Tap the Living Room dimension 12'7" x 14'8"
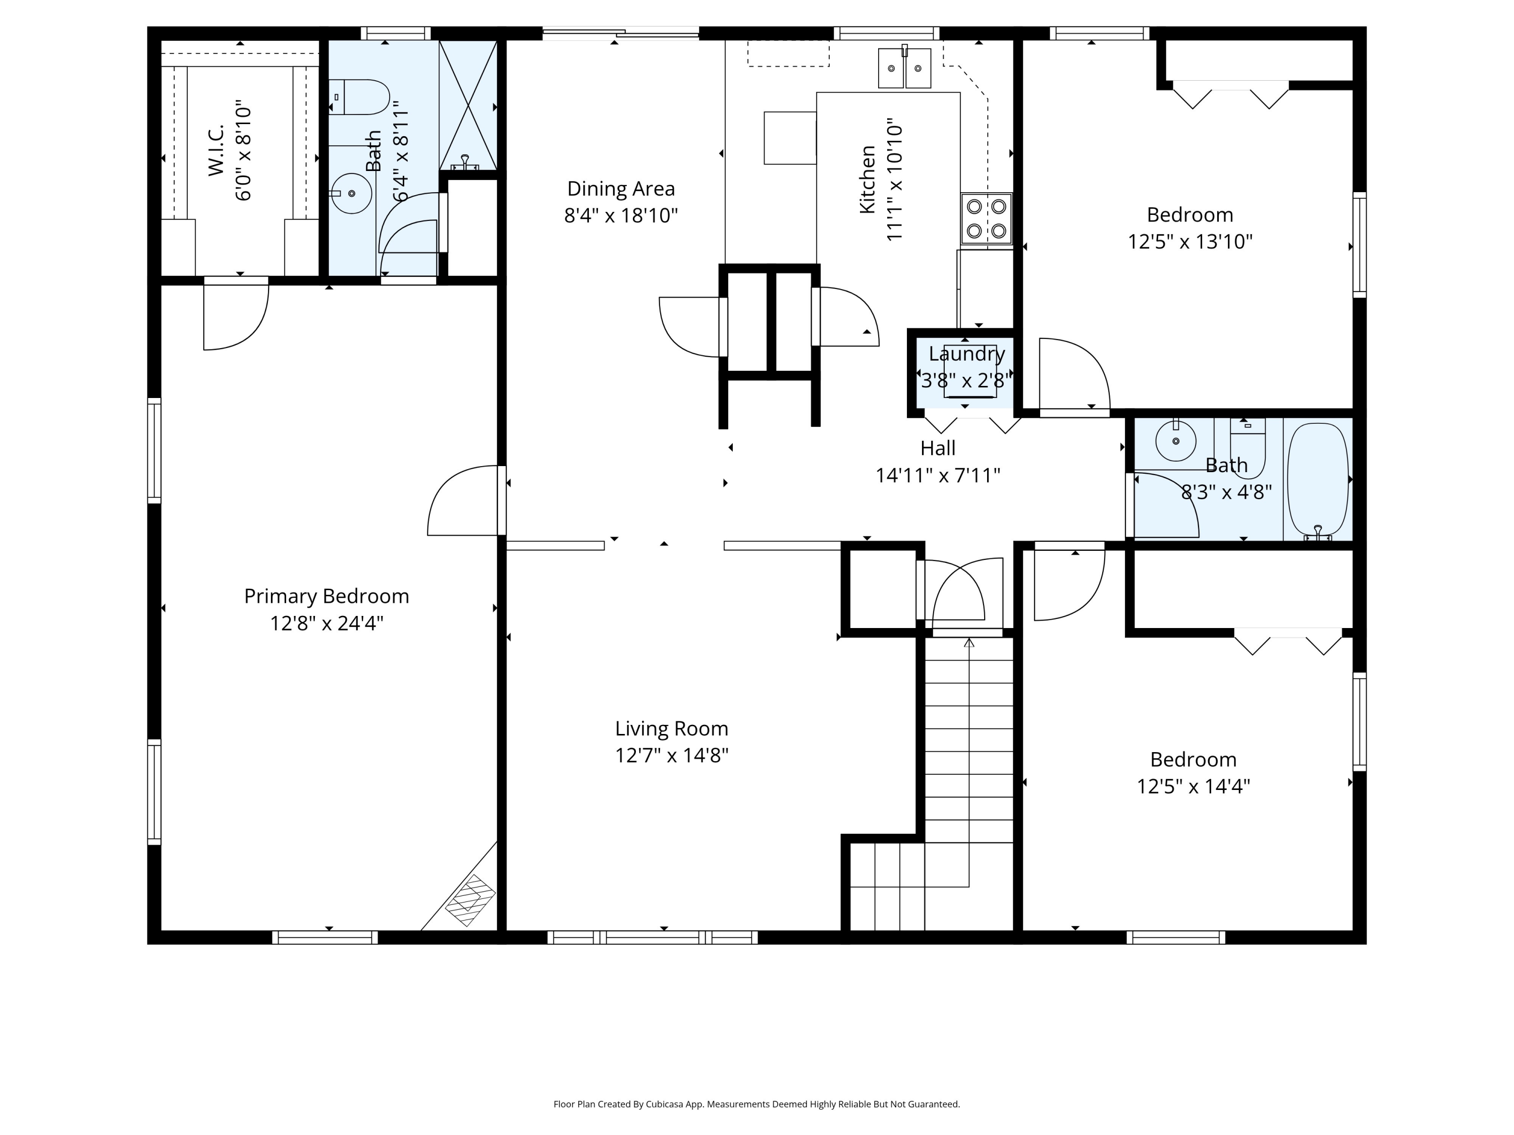coord(671,755)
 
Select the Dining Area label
coord(621,188)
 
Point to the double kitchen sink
coord(905,67)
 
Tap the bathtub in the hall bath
coord(1318,479)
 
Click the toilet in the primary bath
coord(359,97)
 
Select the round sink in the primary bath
coord(351,194)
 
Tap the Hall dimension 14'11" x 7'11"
coord(938,475)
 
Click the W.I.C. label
coord(217,150)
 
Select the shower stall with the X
coord(467,105)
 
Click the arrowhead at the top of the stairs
coord(968,643)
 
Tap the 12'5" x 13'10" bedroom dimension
coord(1190,242)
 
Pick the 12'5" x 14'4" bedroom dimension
coord(1193,786)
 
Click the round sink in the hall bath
coord(1176,441)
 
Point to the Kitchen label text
coord(867,179)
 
